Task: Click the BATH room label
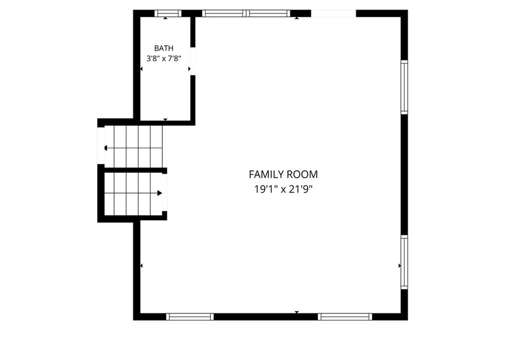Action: click(x=164, y=48)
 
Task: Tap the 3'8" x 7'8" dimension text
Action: click(x=164, y=59)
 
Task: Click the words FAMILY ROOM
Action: click(x=283, y=174)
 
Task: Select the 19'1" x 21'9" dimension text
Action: click(x=284, y=189)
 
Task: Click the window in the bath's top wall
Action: click(x=168, y=13)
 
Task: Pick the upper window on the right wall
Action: click(x=404, y=87)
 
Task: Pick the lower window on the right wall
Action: click(x=404, y=262)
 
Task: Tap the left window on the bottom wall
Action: click(x=190, y=317)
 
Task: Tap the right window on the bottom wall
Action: click(x=345, y=317)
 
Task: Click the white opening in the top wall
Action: click(x=333, y=13)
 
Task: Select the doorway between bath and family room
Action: click(x=193, y=61)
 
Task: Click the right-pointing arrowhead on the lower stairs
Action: click(x=159, y=193)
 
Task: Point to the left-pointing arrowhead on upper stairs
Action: click(x=106, y=148)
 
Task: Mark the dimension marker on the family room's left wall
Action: click(x=142, y=266)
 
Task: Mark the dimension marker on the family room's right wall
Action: click(x=399, y=266)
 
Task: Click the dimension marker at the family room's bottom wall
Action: click(x=296, y=312)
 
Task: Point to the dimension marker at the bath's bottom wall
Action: click(x=165, y=120)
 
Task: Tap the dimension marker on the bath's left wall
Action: click(x=142, y=69)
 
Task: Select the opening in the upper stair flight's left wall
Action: click(x=101, y=145)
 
